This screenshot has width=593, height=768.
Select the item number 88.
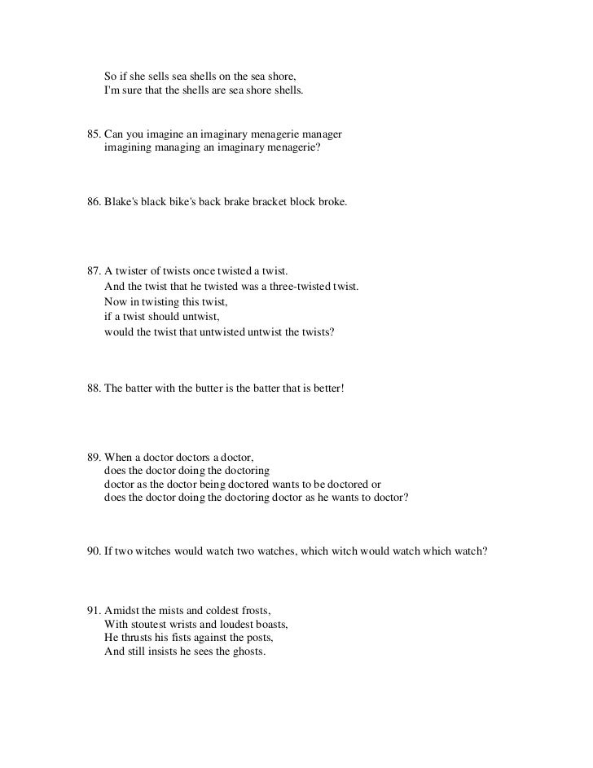[x=93, y=390]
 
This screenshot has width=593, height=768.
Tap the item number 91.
[x=93, y=610]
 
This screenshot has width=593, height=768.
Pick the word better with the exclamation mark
[x=328, y=390]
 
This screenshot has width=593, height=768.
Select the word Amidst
[x=121, y=610]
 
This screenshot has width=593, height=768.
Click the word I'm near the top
[x=112, y=90]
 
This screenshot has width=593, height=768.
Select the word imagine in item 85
[x=161, y=134]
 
